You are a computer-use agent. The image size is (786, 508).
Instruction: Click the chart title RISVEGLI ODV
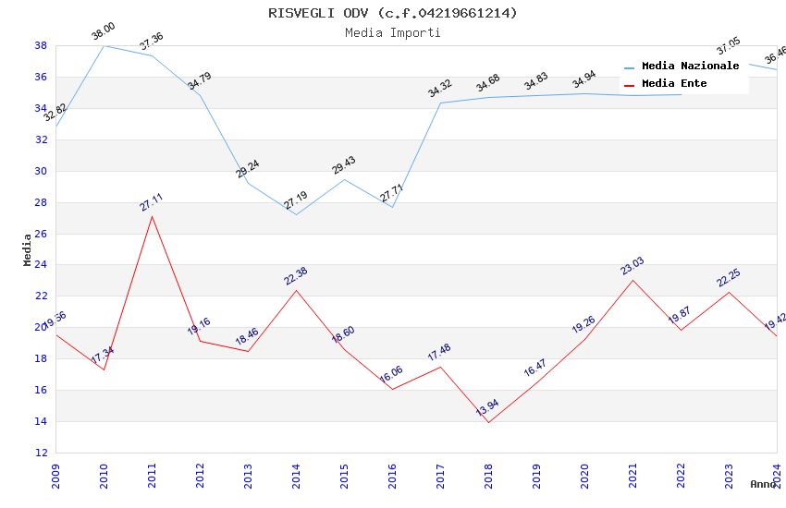coord(393,13)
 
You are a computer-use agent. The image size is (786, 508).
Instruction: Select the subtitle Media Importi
coord(393,32)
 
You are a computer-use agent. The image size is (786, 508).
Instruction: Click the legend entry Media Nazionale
coord(690,67)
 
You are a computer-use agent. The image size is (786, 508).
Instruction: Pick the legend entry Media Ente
coord(674,84)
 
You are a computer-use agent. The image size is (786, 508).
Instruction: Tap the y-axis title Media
coord(28,249)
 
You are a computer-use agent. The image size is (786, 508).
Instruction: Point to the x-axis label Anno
coord(763,484)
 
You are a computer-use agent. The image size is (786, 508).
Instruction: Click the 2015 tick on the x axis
coord(344,472)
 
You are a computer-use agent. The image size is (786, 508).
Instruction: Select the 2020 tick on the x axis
coord(584,472)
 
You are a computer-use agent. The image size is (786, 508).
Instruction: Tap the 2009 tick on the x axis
coord(55,472)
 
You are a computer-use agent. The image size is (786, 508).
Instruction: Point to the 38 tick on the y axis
coord(41,45)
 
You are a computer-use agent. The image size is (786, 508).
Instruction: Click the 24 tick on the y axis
coord(41,265)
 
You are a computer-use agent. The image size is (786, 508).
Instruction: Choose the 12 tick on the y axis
coord(41,453)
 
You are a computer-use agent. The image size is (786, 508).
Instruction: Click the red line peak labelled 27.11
coord(152,216)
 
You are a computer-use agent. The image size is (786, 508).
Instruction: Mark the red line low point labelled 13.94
coord(488,422)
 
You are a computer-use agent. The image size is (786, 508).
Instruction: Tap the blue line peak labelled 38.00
coord(104,45)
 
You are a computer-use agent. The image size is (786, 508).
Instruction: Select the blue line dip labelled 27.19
coord(296,214)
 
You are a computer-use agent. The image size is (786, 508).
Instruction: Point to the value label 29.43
coord(344,165)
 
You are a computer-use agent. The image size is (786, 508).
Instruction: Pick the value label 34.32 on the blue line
coord(440,89)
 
